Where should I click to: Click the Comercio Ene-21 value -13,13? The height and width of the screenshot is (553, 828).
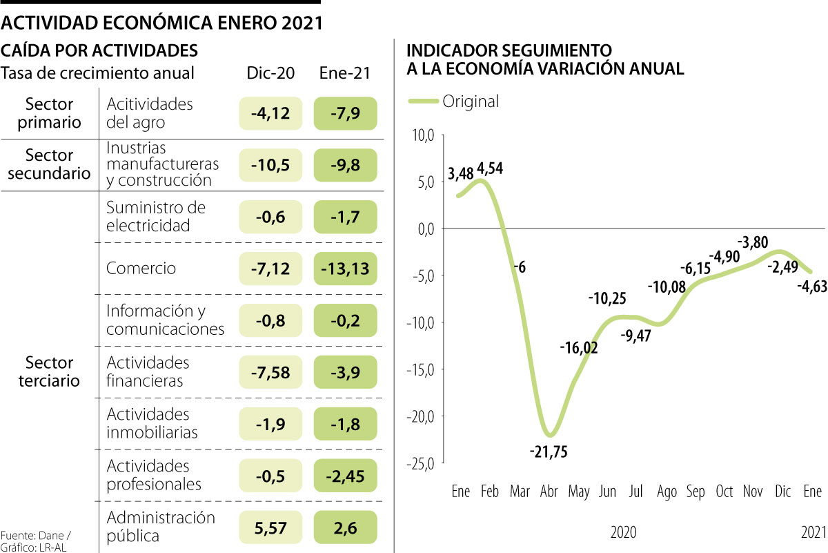(x=346, y=269)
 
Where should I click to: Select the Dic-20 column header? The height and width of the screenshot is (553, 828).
(x=271, y=73)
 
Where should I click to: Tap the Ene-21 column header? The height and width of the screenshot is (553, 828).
(x=345, y=73)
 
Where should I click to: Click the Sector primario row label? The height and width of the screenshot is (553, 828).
(x=50, y=113)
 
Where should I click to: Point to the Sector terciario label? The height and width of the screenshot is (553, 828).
(x=50, y=371)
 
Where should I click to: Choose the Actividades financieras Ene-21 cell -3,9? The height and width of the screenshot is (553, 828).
(x=346, y=372)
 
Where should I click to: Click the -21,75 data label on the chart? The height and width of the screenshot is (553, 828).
(x=549, y=452)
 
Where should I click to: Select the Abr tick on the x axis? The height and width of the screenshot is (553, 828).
(x=549, y=492)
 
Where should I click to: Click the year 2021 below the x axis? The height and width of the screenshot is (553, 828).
(x=812, y=532)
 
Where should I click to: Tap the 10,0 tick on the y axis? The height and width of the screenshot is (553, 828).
(x=422, y=135)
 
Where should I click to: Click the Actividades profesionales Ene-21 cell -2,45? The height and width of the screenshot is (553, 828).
(x=346, y=475)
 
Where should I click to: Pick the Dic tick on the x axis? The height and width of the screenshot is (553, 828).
(x=782, y=492)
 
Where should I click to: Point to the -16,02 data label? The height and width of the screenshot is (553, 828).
(x=578, y=347)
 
